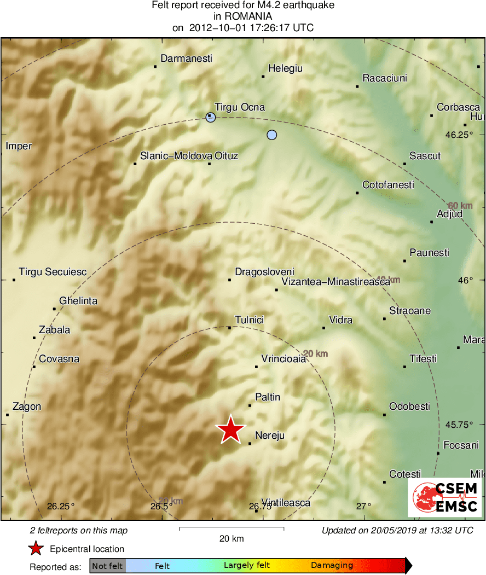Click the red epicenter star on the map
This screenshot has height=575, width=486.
click(x=231, y=429)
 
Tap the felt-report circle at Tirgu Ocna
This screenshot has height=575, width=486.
click(x=211, y=117)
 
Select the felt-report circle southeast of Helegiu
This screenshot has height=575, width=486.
click(x=272, y=135)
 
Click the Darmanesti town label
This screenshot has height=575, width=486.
click(x=186, y=59)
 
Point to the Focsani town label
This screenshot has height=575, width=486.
click(x=461, y=445)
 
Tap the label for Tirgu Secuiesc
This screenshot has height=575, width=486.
click(x=53, y=271)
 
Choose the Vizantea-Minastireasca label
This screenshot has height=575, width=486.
click(x=335, y=282)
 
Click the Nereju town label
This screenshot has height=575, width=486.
click(x=270, y=435)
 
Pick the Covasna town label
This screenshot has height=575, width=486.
click(x=59, y=359)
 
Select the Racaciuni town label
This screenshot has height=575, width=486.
click(x=385, y=78)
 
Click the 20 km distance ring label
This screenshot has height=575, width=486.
click(x=315, y=353)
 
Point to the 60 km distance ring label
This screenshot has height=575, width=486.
click(x=460, y=205)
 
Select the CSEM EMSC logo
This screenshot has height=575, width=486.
click(x=445, y=497)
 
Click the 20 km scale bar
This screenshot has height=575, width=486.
click(x=232, y=528)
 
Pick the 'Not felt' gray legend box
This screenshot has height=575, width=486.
click(x=107, y=566)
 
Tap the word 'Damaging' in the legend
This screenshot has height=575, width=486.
click(x=332, y=566)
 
